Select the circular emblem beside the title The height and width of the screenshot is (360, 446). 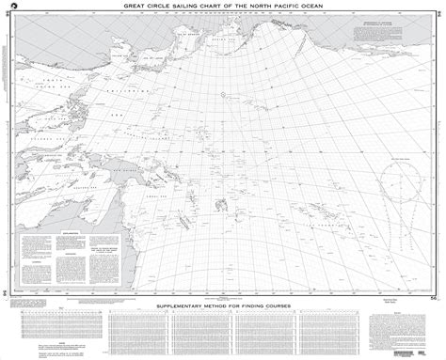pos(11,8)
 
